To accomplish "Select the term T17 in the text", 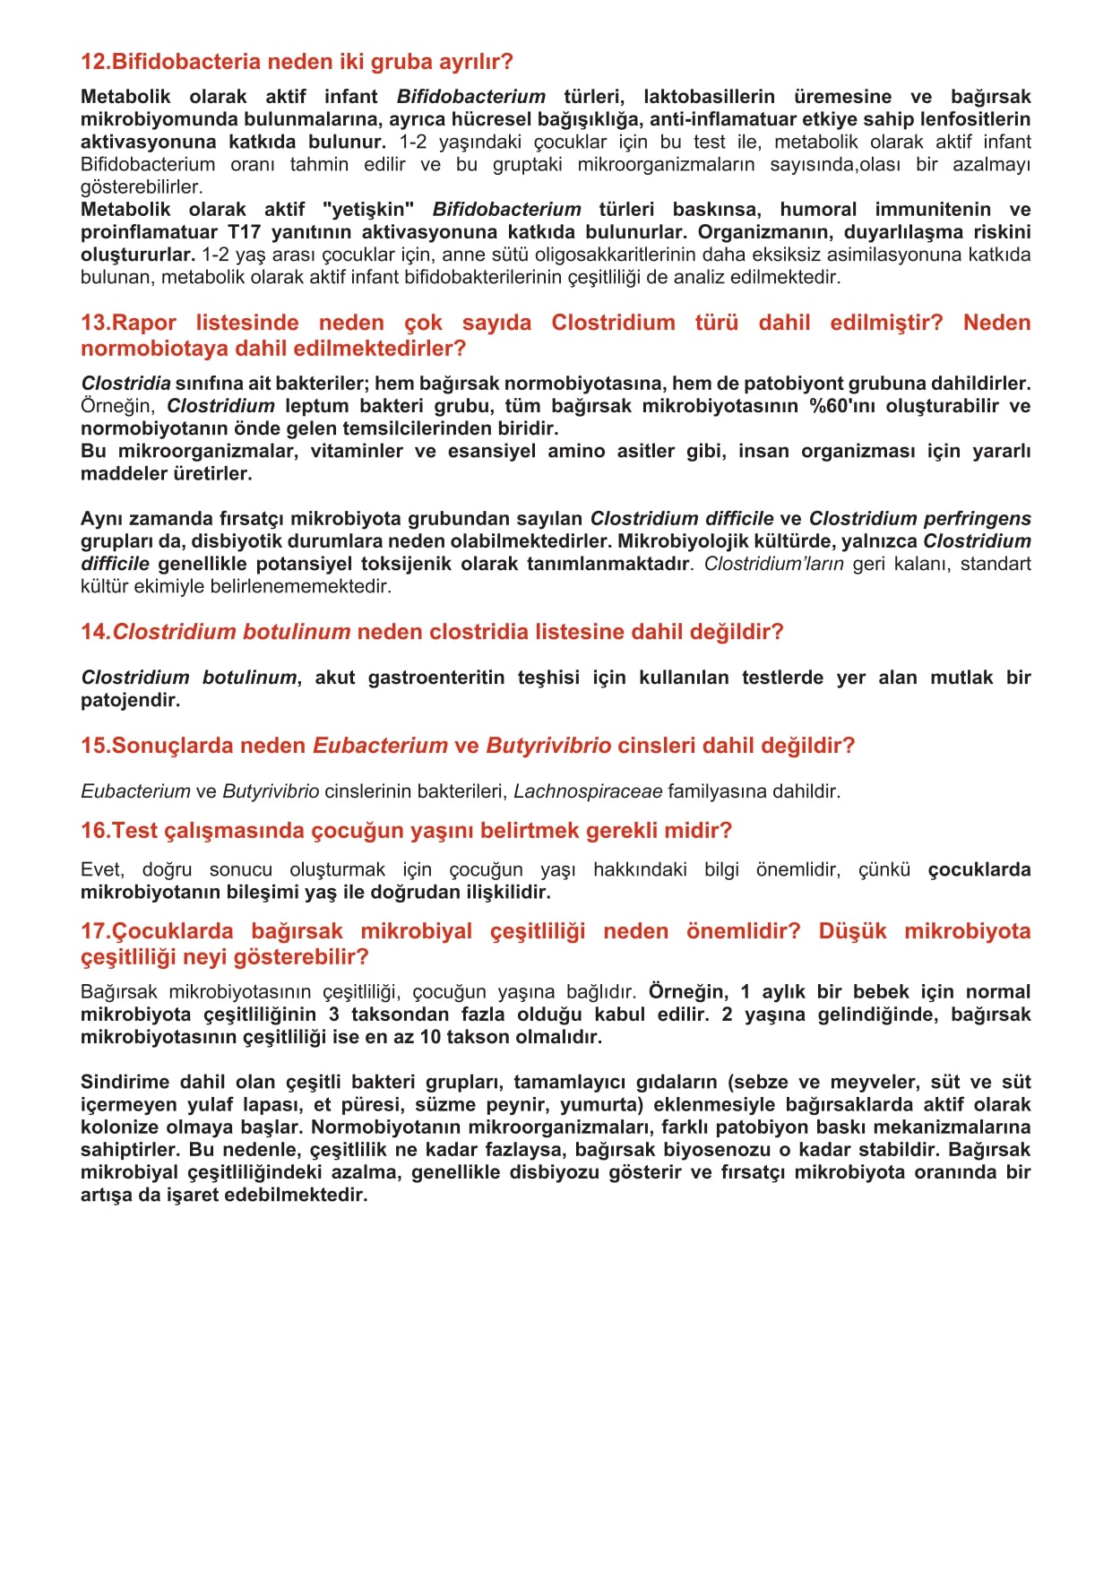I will tap(244, 232).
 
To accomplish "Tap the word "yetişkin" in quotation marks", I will tap(368, 210).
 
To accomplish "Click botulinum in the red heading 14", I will tap(292, 632).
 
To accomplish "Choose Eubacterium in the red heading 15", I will tap(380, 746).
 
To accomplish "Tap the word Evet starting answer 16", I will tap(101, 869).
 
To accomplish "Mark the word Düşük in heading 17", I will tap(852, 931).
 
